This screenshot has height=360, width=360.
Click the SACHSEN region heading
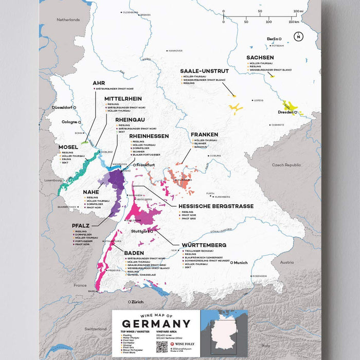pyautogui.click(x=260, y=58)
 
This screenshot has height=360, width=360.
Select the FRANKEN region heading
pyautogui.click(x=204, y=135)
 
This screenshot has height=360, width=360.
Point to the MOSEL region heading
pyautogui.click(x=68, y=147)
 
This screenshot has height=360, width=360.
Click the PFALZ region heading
pyautogui.click(x=81, y=225)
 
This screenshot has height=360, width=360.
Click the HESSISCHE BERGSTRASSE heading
pyautogui.click(x=208, y=206)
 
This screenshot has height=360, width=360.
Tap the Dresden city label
pyautogui.click(x=286, y=112)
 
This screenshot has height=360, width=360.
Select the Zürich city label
pyautogui.click(x=137, y=301)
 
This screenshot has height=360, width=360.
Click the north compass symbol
pyautogui.click(x=298, y=37)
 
